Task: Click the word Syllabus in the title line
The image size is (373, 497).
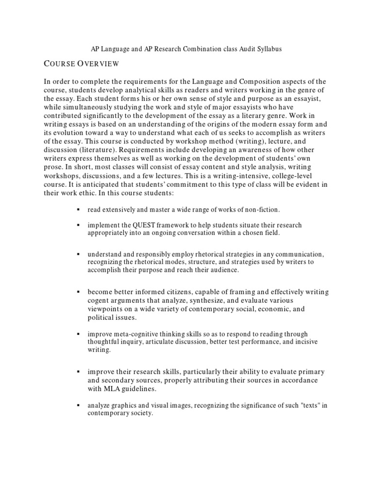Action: click(268, 49)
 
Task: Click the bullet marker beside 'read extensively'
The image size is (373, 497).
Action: click(78, 210)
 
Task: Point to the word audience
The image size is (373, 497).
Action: click(223, 270)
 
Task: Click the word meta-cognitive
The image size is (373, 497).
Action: click(134, 334)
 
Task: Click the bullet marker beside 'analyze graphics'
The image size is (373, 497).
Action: click(78, 405)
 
